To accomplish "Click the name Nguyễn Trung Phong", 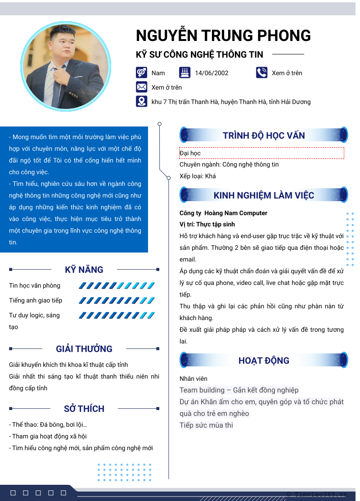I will click(x=223, y=36).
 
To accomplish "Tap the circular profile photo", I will click(x=66, y=66).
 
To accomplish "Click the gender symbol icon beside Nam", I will click(x=141, y=72).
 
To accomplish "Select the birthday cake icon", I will click(x=184, y=72).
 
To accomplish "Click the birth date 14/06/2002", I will click(x=211, y=73).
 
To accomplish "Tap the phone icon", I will click(x=261, y=72).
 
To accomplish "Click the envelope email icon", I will click(x=141, y=87).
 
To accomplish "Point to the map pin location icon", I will click(x=141, y=102).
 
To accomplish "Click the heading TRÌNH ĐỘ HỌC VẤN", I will click(x=264, y=135).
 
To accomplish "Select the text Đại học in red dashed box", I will click(x=190, y=153).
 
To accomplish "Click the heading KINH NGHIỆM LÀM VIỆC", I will click(x=264, y=195).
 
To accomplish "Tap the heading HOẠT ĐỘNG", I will click(x=264, y=361).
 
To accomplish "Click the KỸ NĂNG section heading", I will click(x=84, y=270).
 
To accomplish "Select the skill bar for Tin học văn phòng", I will click(x=117, y=285).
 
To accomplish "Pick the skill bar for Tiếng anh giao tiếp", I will click(x=117, y=300).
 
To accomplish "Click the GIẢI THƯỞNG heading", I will click(x=84, y=349).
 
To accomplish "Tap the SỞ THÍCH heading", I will click(x=84, y=409).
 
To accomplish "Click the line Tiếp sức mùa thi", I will click(x=206, y=425).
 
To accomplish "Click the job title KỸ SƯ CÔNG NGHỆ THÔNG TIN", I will click(x=199, y=54).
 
